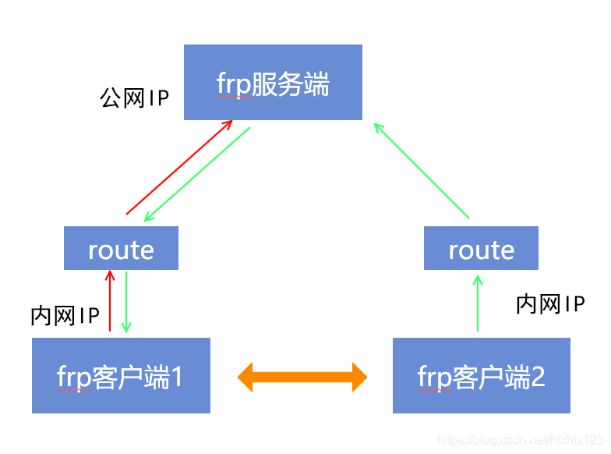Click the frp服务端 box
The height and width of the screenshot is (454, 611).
pyautogui.click(x=273, y=82)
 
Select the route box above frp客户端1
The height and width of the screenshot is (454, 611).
pyautogui.click(x=121, y=248)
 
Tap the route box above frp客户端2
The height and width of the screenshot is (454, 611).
pyautogui.click(x=481, y=248)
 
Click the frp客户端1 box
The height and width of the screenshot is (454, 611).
pyautogui.click(x=121, y=375)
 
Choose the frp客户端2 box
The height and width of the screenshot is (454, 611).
pyautogui.click(x=481, y=375)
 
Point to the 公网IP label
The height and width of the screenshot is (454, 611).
pyautogui.click(x=134, y=98)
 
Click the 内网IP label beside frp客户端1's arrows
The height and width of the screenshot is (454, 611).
pyautogui.click(x=65, y=316)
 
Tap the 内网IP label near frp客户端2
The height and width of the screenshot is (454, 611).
pyautogui.click(x=550, y=304)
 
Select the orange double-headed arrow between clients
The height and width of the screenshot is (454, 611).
pyautogui.click(x=302, y=377)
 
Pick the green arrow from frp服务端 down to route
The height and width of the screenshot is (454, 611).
pyautogui.click(x=197, y=174)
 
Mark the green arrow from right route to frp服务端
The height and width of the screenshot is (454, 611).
pyautogui.click(x=421, y=169)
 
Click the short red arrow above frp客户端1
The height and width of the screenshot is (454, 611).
pyautogui.click(x=110, y=301)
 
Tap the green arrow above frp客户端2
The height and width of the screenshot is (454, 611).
pyautogui.click(x=477, y=303)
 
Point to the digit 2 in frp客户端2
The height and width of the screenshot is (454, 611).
pyautogui.click(x=537, y=376)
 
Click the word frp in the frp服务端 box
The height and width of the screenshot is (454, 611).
pyautogui.click(x=235, y=83)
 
